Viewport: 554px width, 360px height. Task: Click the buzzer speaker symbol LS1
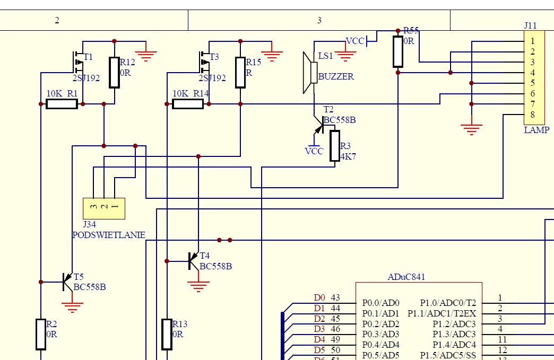[x=310, y=73]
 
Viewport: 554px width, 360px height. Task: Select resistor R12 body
[x=114, y=72]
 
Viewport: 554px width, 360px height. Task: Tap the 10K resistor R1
[x=62, y=104]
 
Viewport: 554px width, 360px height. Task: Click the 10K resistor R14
[x=188, y=104]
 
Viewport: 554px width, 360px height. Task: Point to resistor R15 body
[x=240, y=72]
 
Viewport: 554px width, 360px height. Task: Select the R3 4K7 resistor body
[x=335, y=146]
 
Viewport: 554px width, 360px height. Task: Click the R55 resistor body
[x=398, y=51]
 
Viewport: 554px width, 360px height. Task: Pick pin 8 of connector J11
[x=532, y=115]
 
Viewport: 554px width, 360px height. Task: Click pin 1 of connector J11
[x=532, y=41]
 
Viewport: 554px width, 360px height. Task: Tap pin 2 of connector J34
[x=104, y=206]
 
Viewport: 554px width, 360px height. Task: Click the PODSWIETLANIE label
[x=109, y=235]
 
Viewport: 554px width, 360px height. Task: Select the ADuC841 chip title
[x=406, y=277]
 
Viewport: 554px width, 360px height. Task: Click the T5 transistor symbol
[x=67, y=282]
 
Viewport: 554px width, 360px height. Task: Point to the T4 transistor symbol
[x=194, y=261]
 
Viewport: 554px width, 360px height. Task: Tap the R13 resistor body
[x=167, y=334]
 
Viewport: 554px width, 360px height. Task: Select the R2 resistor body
[x=41, y=334]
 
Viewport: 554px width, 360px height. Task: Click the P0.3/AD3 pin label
[x=380, y=334]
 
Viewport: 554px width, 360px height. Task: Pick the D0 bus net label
[x=319, y=297]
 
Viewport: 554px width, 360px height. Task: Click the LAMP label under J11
[x=536, y=130]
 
